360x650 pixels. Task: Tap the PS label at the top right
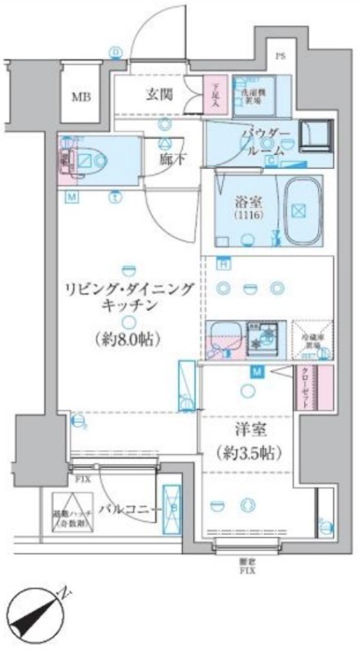tap(280, 57)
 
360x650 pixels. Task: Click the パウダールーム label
tap(262, 142)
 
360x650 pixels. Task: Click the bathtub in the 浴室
tap(300, 210)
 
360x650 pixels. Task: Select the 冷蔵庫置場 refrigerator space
tap(311, 337)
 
